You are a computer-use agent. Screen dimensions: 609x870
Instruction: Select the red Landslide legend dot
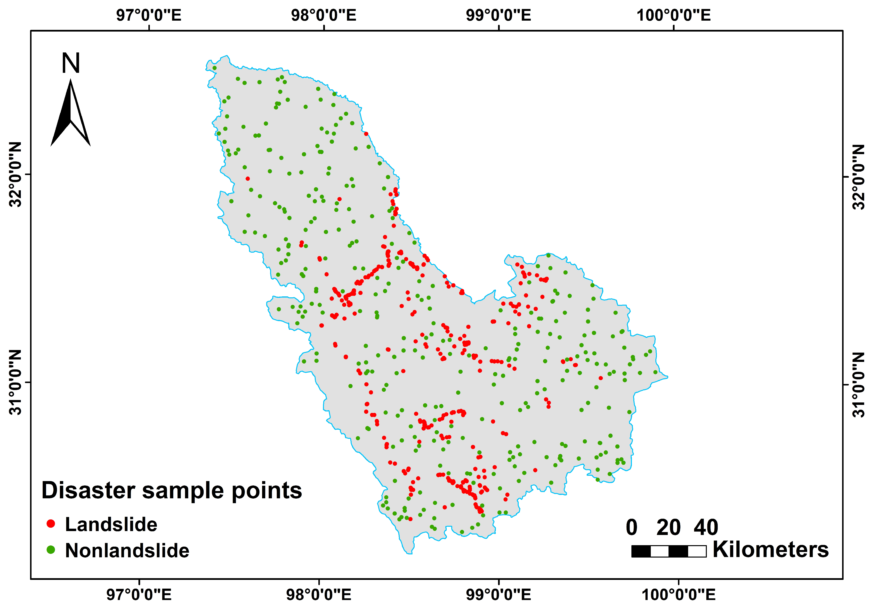(51, 524)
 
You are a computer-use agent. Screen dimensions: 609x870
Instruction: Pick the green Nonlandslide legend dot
(51, 550)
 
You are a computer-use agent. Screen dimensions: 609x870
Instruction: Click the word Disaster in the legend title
(88, 491)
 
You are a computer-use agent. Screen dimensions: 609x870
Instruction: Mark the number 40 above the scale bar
(706, 527)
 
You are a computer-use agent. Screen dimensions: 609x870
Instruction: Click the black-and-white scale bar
(669, 551)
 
